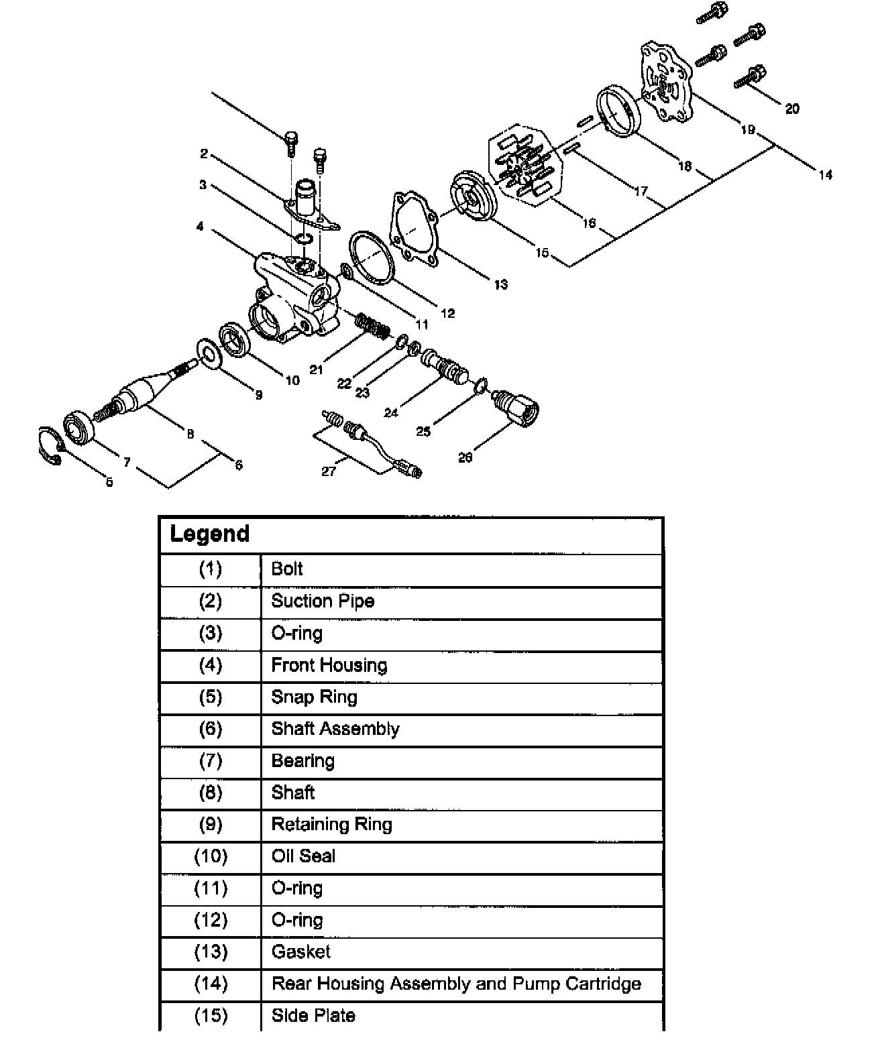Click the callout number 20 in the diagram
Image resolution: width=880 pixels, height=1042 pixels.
(x=791, y=109)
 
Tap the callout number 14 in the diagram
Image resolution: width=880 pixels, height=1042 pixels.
(x=825, y=175)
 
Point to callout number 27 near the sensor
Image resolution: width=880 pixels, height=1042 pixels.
(x=328, y=471)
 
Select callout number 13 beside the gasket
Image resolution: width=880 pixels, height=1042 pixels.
(x=500, y=284)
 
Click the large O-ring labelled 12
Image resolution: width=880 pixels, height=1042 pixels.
(x=372, y=257)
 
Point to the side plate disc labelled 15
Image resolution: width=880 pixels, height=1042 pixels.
(x=473, y=196)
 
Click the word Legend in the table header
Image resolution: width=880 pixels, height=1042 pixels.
(x=209, y=534)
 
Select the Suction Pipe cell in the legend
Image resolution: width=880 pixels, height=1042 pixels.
(x=323, y=601)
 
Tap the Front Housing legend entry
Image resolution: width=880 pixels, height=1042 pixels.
(x=329, y=665)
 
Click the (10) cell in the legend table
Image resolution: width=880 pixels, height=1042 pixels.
(x=211, y=856)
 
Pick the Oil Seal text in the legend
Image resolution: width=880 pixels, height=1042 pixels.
(x=303, y=856)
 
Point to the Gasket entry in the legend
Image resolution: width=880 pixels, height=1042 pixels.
(x=301, y=951)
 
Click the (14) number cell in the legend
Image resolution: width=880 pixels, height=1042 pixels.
(x=211, y=984)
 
